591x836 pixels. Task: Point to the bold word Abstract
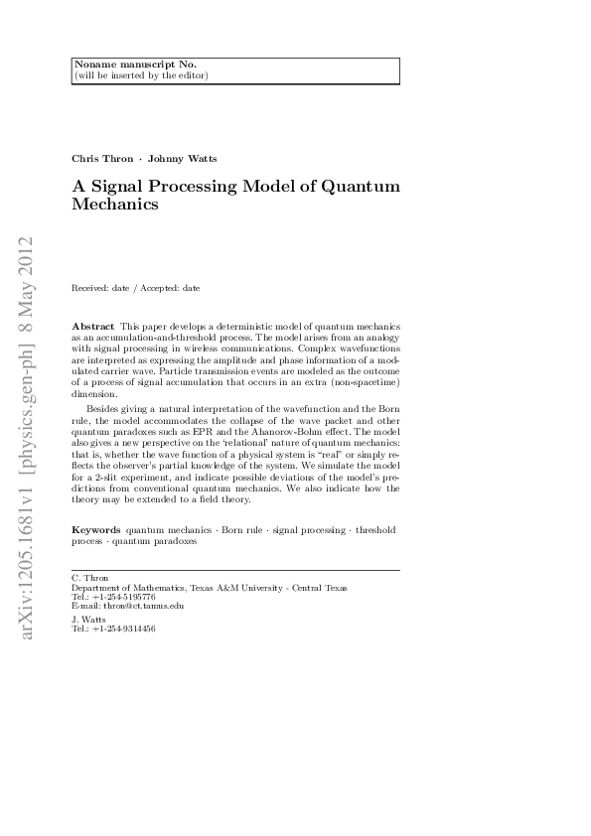coord(92,327)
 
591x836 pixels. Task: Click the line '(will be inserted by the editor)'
coord(141,74)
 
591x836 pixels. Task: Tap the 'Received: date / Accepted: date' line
coord(136,288)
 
